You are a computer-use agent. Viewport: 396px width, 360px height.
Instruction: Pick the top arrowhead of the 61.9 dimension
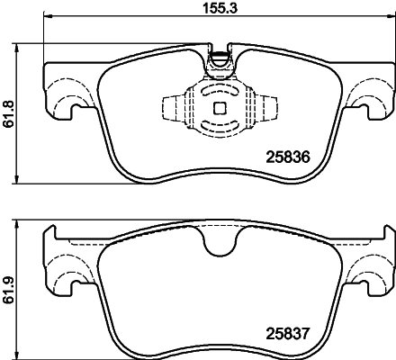click(21, 220)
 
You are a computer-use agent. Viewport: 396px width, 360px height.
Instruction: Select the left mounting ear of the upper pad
click(64, 101)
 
